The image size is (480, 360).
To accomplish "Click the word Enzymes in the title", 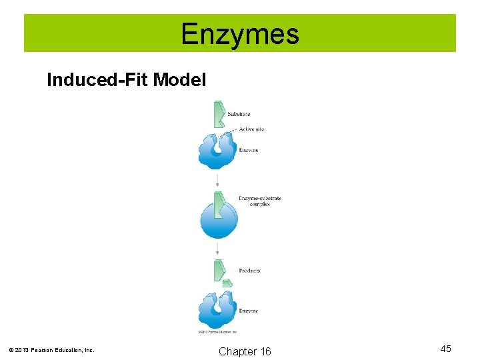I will click(x=240, y=34).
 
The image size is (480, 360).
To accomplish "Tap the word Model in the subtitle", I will click(x=179, y=81).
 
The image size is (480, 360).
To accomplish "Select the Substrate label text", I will click(x=239, y=115).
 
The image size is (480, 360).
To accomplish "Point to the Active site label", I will click(x=251, y=129).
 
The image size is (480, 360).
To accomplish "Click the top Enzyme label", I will click(x=248, y=150).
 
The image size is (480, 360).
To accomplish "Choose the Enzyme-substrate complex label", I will click(x=260, y=201).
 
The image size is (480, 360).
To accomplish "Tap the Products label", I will click(x=249, y=271).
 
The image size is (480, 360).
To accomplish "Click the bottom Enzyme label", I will click(x=248, y=311).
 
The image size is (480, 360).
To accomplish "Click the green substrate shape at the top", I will click(x=218, y=114).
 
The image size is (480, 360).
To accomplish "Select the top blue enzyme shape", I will click(x=217, y=152).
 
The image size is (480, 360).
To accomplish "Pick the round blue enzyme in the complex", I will click(x=219, y=220).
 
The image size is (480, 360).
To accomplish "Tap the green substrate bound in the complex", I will click(x=218, y=203).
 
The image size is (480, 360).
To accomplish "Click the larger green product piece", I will click(x=219, y=270).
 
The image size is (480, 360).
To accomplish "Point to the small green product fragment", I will click(x=227, y=283).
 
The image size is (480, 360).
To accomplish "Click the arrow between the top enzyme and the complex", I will click(x=217, y=180).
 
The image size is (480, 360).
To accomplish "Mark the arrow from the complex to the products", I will click(x=217, y=248).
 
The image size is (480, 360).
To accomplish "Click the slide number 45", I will click(x=445, y=349).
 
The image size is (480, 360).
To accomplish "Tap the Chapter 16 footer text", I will click(x=245, y=351).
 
